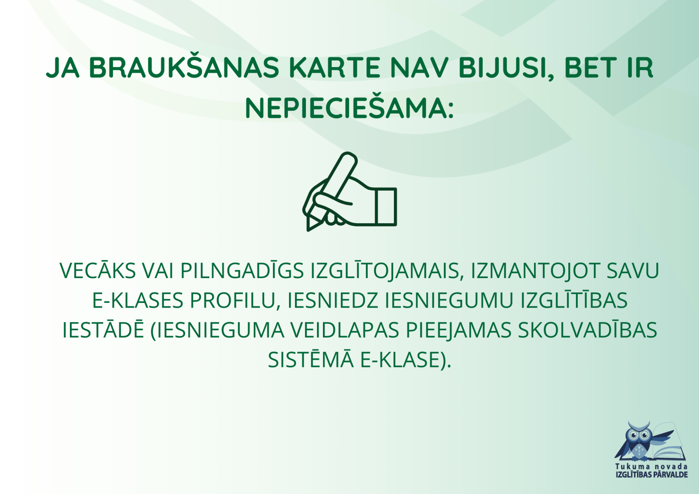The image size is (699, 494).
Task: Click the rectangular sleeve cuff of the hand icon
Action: pyautogui.click(x=386, y=206)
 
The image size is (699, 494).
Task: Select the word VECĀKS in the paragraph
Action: pyautogui.click(x=98, y=270)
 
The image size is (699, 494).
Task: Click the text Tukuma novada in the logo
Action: pyautogui.click(x=651, y=466)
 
